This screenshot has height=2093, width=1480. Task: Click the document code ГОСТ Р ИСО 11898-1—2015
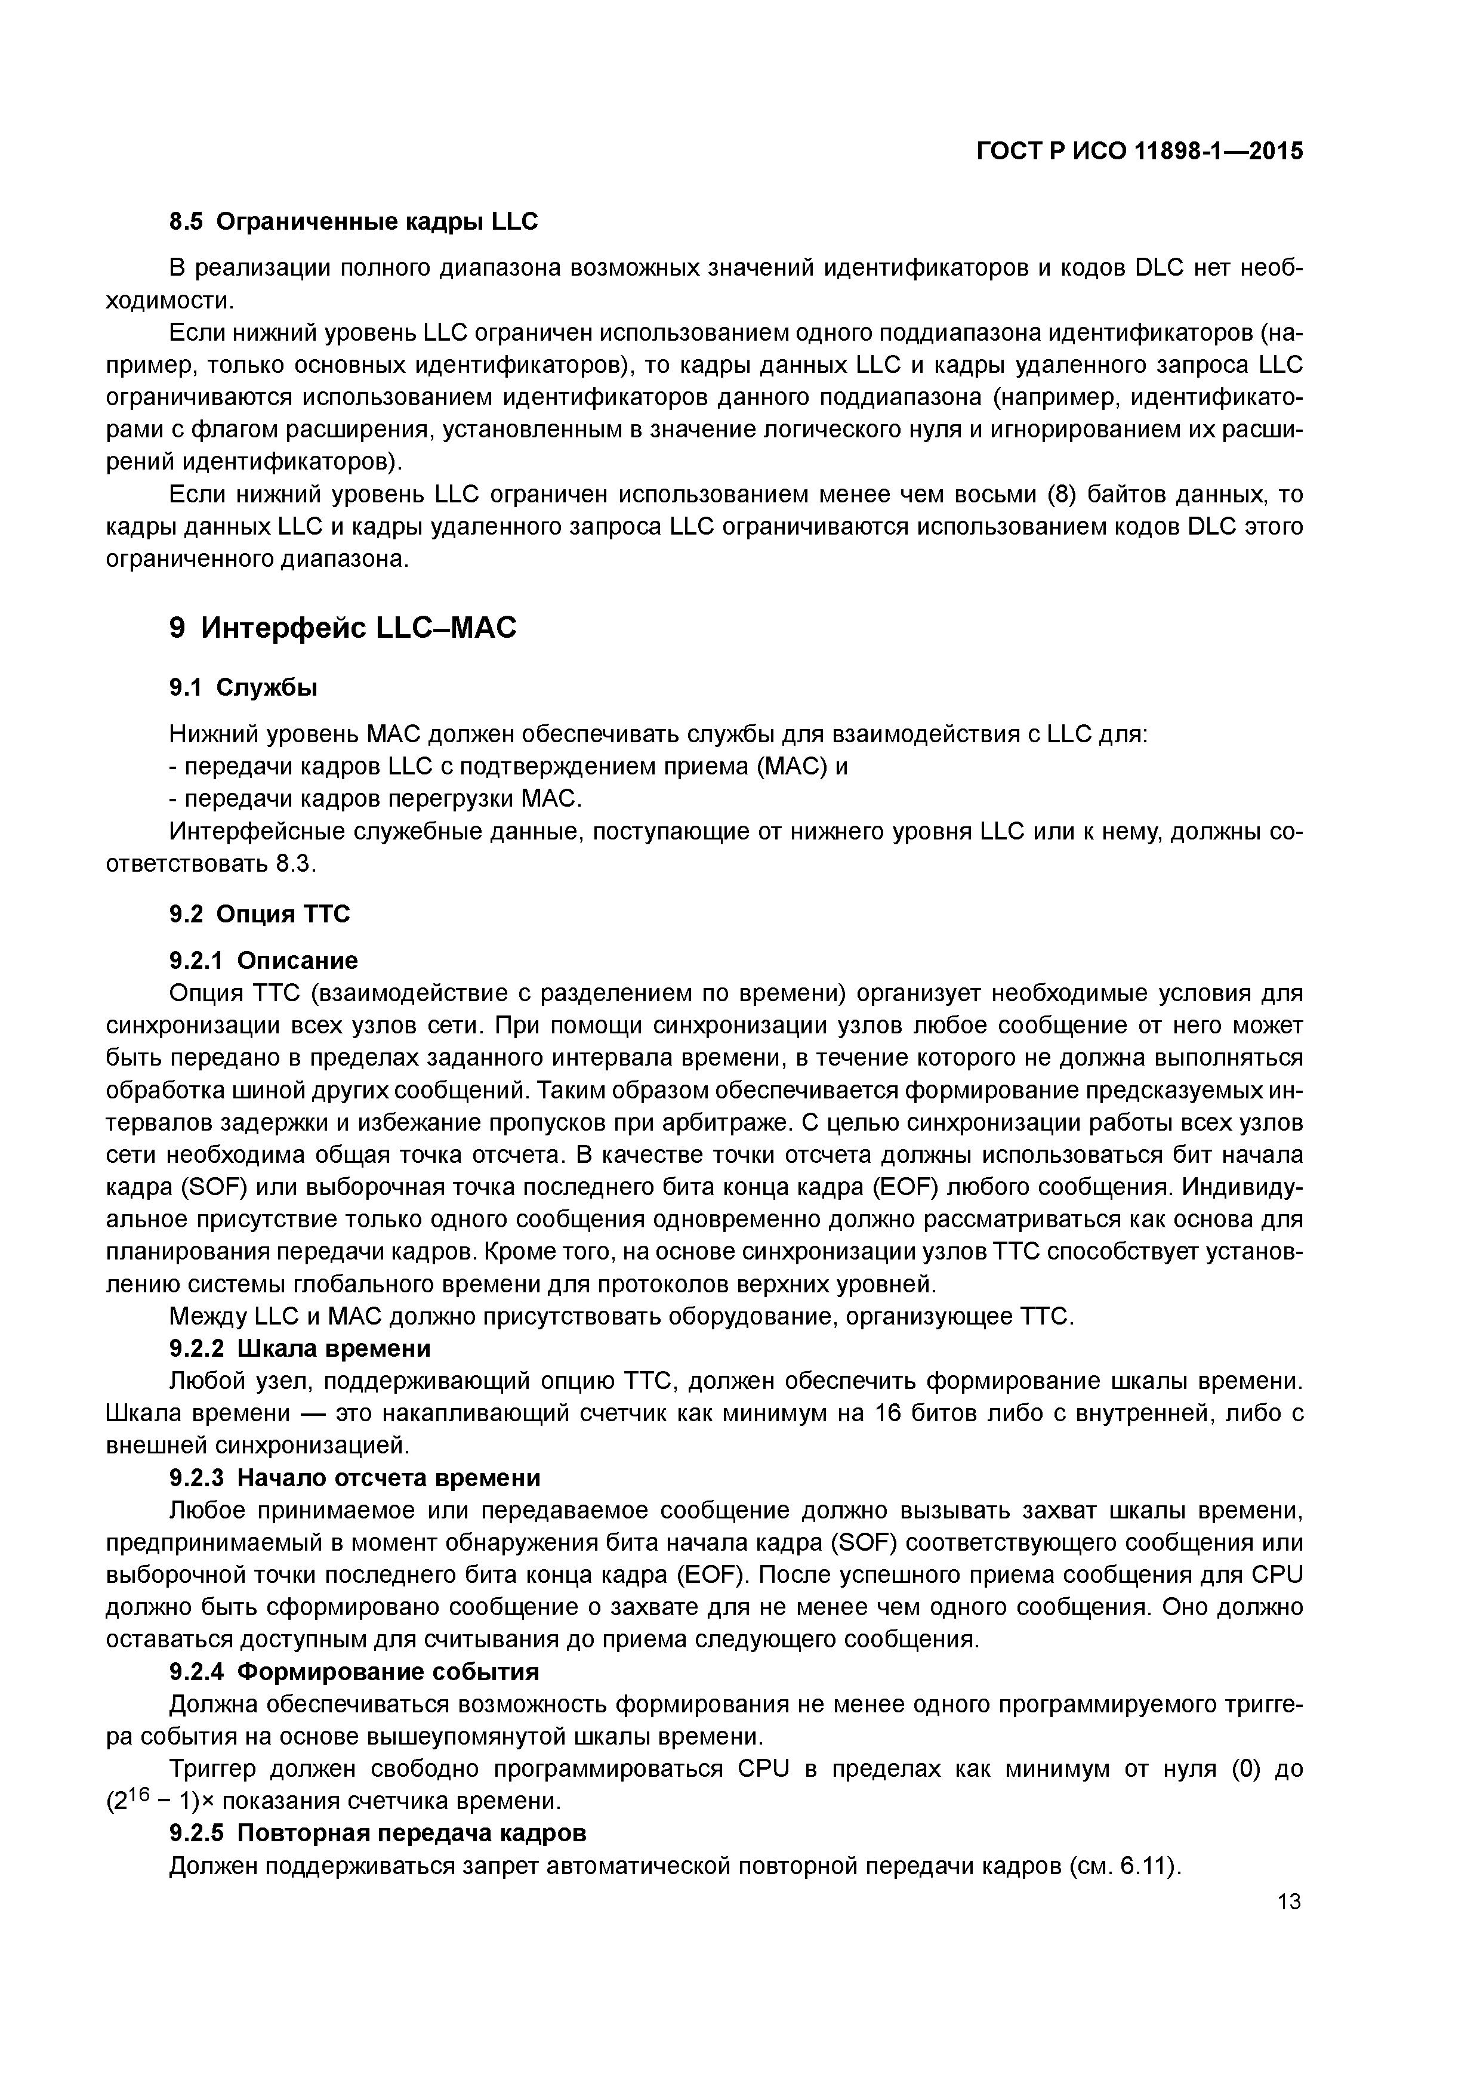click(1139, 152)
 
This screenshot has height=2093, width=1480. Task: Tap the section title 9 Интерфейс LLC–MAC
click(343, 628)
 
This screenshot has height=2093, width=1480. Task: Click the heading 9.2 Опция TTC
click(260, 914)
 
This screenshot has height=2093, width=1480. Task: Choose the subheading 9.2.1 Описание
click(264, 961)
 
